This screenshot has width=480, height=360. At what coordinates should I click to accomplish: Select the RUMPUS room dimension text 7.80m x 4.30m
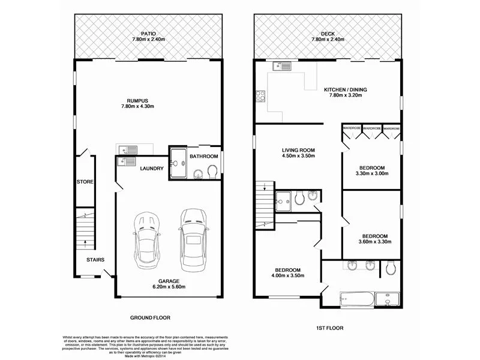[144, 107]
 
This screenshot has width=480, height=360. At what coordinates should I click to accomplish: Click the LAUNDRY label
[152, 169]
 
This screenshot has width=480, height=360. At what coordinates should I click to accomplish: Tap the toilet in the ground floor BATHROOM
[212, 173]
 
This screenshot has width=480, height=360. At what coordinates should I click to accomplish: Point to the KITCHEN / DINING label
[345, 90]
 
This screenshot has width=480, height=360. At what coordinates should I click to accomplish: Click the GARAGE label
[169, 280]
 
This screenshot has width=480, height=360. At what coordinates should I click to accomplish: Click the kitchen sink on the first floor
[280, 66]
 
